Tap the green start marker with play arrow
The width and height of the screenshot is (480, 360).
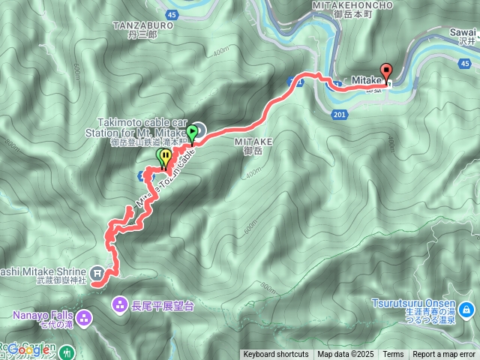point(192,133)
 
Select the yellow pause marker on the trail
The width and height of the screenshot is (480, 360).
point(164,156)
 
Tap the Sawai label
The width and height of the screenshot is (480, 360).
point(464,32)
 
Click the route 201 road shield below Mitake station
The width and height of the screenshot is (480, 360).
point(339,114)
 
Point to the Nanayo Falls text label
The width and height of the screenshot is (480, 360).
point(43,314)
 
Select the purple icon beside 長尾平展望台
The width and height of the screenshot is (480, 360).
point(119,304)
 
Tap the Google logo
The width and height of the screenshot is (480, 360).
point(28,349)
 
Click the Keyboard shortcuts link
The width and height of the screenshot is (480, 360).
point(275,355)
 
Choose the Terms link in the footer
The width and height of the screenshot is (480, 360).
point(393,355)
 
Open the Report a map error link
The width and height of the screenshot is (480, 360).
point(444,355)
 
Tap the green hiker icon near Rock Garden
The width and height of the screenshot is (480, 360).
point(68,350)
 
